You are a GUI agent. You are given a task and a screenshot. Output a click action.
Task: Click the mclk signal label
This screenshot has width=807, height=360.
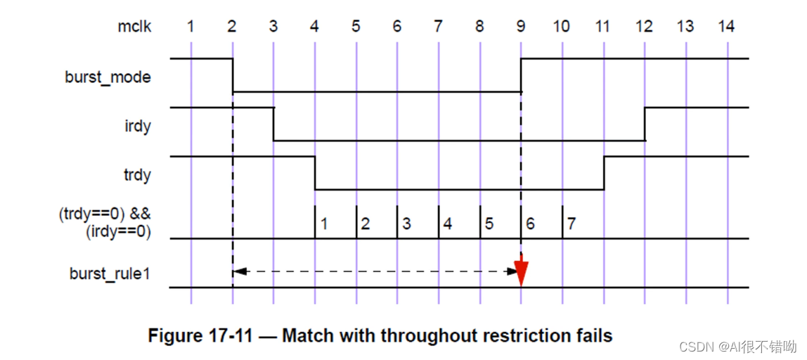tap(134, 27)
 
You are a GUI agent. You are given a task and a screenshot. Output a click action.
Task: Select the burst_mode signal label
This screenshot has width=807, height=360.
tap(108, 77)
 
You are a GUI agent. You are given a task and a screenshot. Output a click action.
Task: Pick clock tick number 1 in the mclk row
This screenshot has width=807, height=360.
tap(191, 27)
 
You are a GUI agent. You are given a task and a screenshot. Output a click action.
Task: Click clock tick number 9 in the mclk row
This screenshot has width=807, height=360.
tap(520, 27)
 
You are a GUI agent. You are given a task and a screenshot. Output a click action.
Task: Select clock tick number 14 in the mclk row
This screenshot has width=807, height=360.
tap(726, 27)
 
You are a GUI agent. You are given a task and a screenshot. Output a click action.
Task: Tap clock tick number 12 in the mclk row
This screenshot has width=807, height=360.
tap(644, 27)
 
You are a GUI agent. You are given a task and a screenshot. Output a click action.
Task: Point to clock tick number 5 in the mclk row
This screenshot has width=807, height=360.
tap(356, 27)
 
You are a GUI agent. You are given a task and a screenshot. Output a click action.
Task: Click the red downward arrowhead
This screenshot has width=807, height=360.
tap(521, 273)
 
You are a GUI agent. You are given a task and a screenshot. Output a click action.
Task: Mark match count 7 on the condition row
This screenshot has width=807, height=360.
tap(572, 224)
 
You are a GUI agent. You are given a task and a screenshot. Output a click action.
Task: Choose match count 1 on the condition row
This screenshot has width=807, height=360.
tap(324, 224)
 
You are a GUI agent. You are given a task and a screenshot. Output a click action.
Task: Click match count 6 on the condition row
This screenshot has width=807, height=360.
tap(530, 224)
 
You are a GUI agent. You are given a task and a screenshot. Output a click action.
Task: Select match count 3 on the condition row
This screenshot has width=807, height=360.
tap(406, 224)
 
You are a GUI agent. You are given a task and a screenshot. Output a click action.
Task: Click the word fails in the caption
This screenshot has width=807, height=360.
tap(591, 335)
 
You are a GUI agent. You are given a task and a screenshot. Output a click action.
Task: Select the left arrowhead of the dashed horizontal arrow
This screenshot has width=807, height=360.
tap(237, 271)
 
